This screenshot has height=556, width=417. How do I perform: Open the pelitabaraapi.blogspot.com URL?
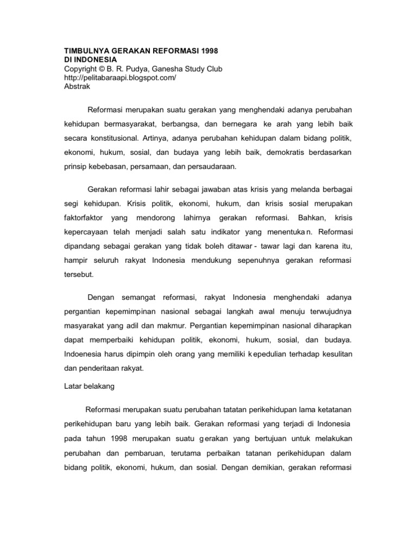(x=120, y=78)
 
